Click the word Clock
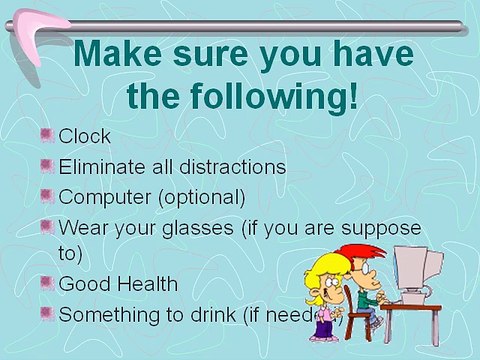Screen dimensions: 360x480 point(85,136)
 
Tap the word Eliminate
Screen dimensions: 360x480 point(100,166)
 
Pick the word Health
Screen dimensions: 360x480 point(146,284)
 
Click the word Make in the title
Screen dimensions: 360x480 point(121,54)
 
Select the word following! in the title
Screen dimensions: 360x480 point(263,97)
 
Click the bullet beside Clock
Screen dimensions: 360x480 point(48,134)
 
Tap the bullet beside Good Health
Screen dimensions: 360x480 point(48,282)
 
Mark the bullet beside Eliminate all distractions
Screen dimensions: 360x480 point(48,164)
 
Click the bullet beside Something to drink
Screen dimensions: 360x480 point(48,312)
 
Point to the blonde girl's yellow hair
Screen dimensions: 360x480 point(324,268)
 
